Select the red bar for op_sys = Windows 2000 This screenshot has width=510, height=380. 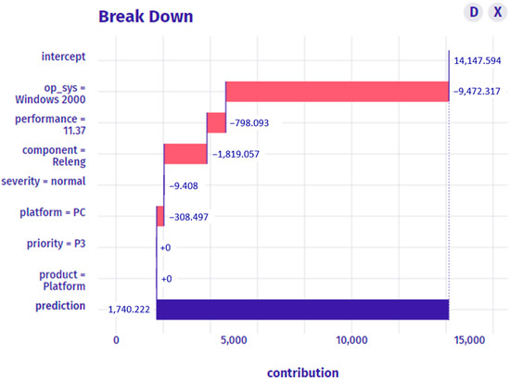point(337,91)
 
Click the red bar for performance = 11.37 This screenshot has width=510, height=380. point(216,122)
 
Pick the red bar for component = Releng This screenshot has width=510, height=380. point(185,154)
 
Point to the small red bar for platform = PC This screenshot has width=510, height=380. point(160,215)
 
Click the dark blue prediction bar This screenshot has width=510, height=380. point(302,309)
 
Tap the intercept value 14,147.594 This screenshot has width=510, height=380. point(479,60)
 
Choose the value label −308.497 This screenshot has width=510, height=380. point(193,216)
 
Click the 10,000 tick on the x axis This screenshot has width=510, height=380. point(352,341)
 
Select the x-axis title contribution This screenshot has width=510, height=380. point(302,372)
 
